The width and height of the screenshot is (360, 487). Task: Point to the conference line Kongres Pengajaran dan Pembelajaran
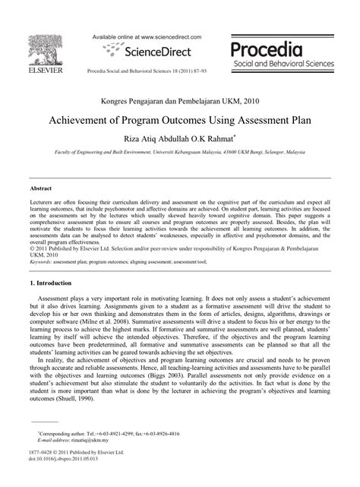click(179, 102)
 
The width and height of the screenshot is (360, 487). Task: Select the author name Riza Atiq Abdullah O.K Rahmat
click(179, 139)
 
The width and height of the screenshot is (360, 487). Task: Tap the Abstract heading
click(40, 186)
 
